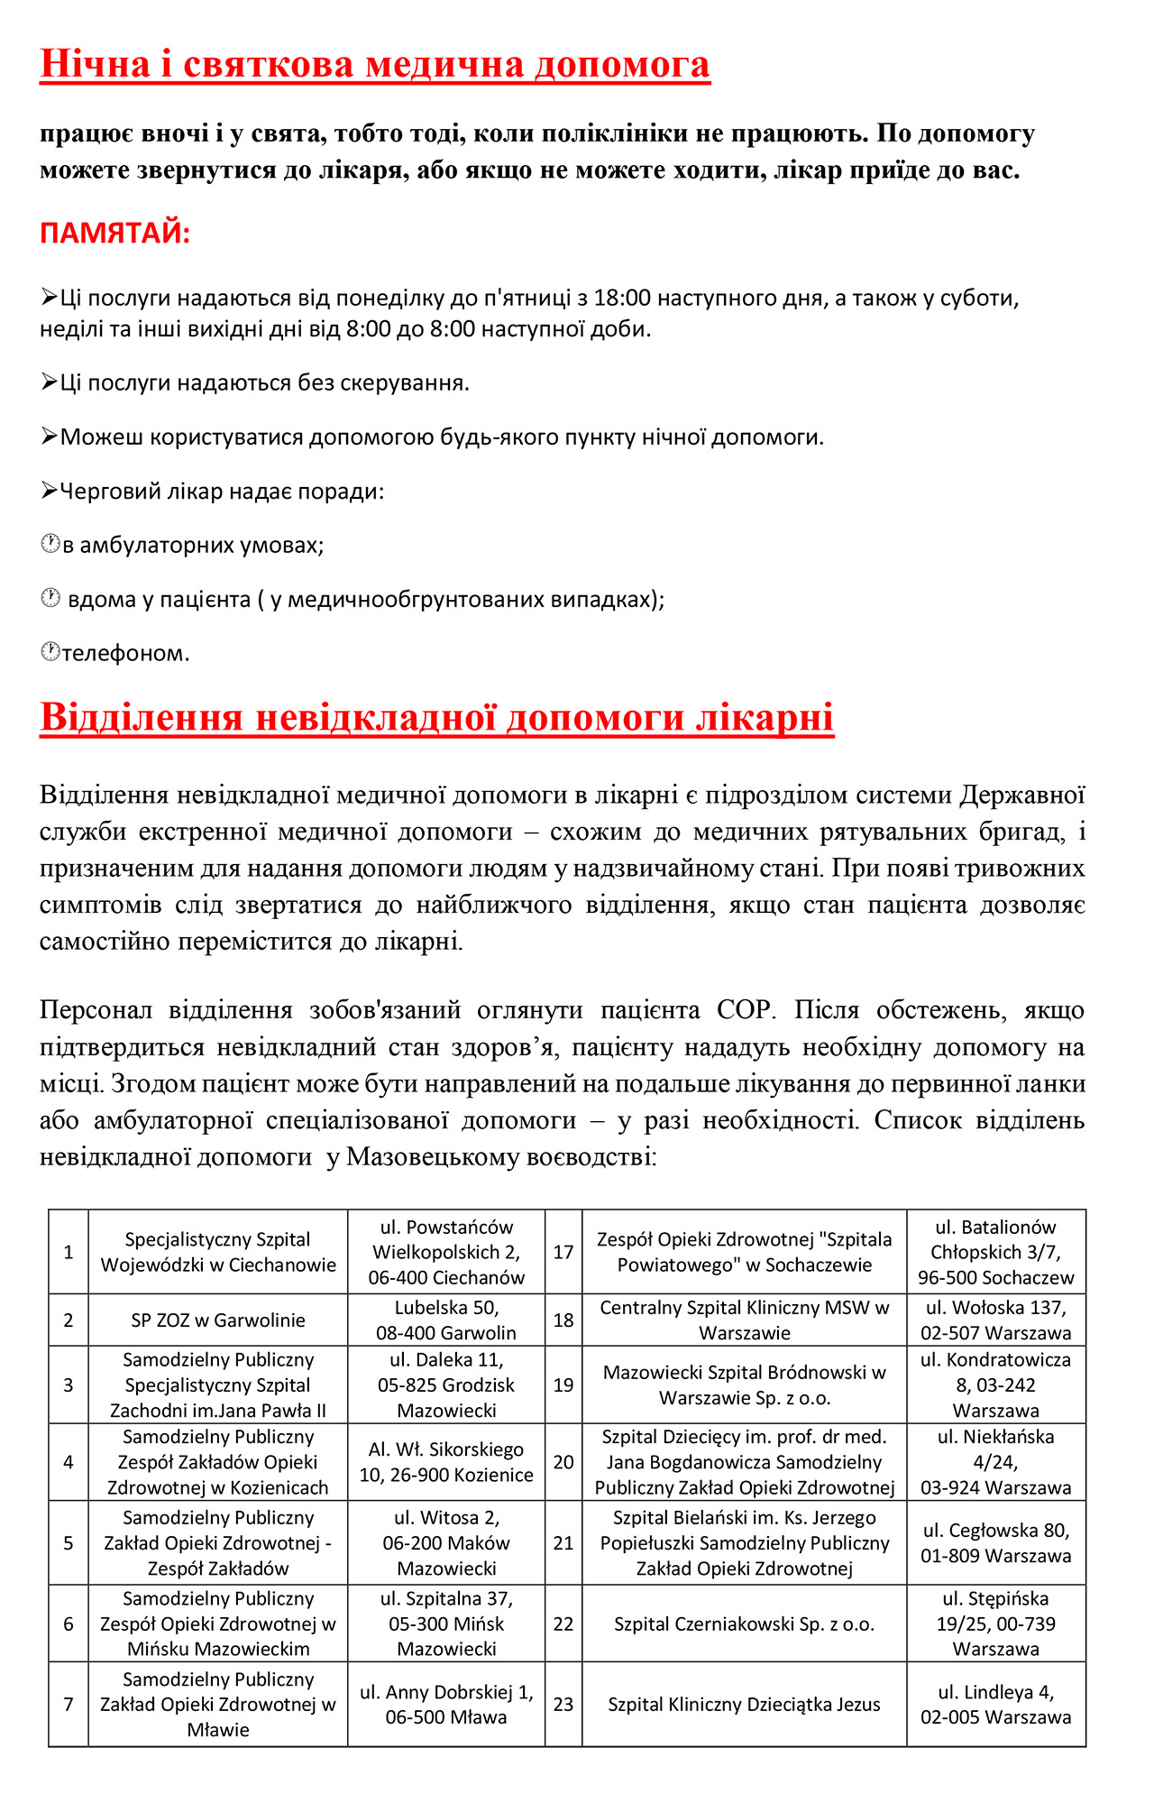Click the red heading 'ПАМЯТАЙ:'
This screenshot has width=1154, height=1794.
coord(114,234)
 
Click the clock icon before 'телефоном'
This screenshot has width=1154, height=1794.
coord(50,651)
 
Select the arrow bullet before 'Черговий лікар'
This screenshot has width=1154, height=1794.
coord(50,491)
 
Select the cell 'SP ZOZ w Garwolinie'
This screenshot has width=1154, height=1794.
coord(218,1320)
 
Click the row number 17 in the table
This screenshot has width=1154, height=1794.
coord(563,1252)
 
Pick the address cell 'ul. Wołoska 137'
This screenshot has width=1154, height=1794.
coord(995,1320)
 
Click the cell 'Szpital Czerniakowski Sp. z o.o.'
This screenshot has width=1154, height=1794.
coord(744,1624)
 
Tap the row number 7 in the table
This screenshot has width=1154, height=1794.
coord(69,1705)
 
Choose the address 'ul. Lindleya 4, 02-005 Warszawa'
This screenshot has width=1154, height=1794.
coord(995,1705)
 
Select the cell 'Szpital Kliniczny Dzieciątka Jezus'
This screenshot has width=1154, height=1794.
coord(744,1705)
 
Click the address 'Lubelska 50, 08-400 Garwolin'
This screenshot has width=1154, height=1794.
coord(446,1320)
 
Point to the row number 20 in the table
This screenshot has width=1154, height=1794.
coord(563,1462)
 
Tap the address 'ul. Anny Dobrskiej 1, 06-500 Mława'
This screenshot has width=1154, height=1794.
coord(446,1705)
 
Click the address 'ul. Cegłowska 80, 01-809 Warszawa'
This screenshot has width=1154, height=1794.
coord(995,1543)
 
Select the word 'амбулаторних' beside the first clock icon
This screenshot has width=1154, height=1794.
coord(145,546)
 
